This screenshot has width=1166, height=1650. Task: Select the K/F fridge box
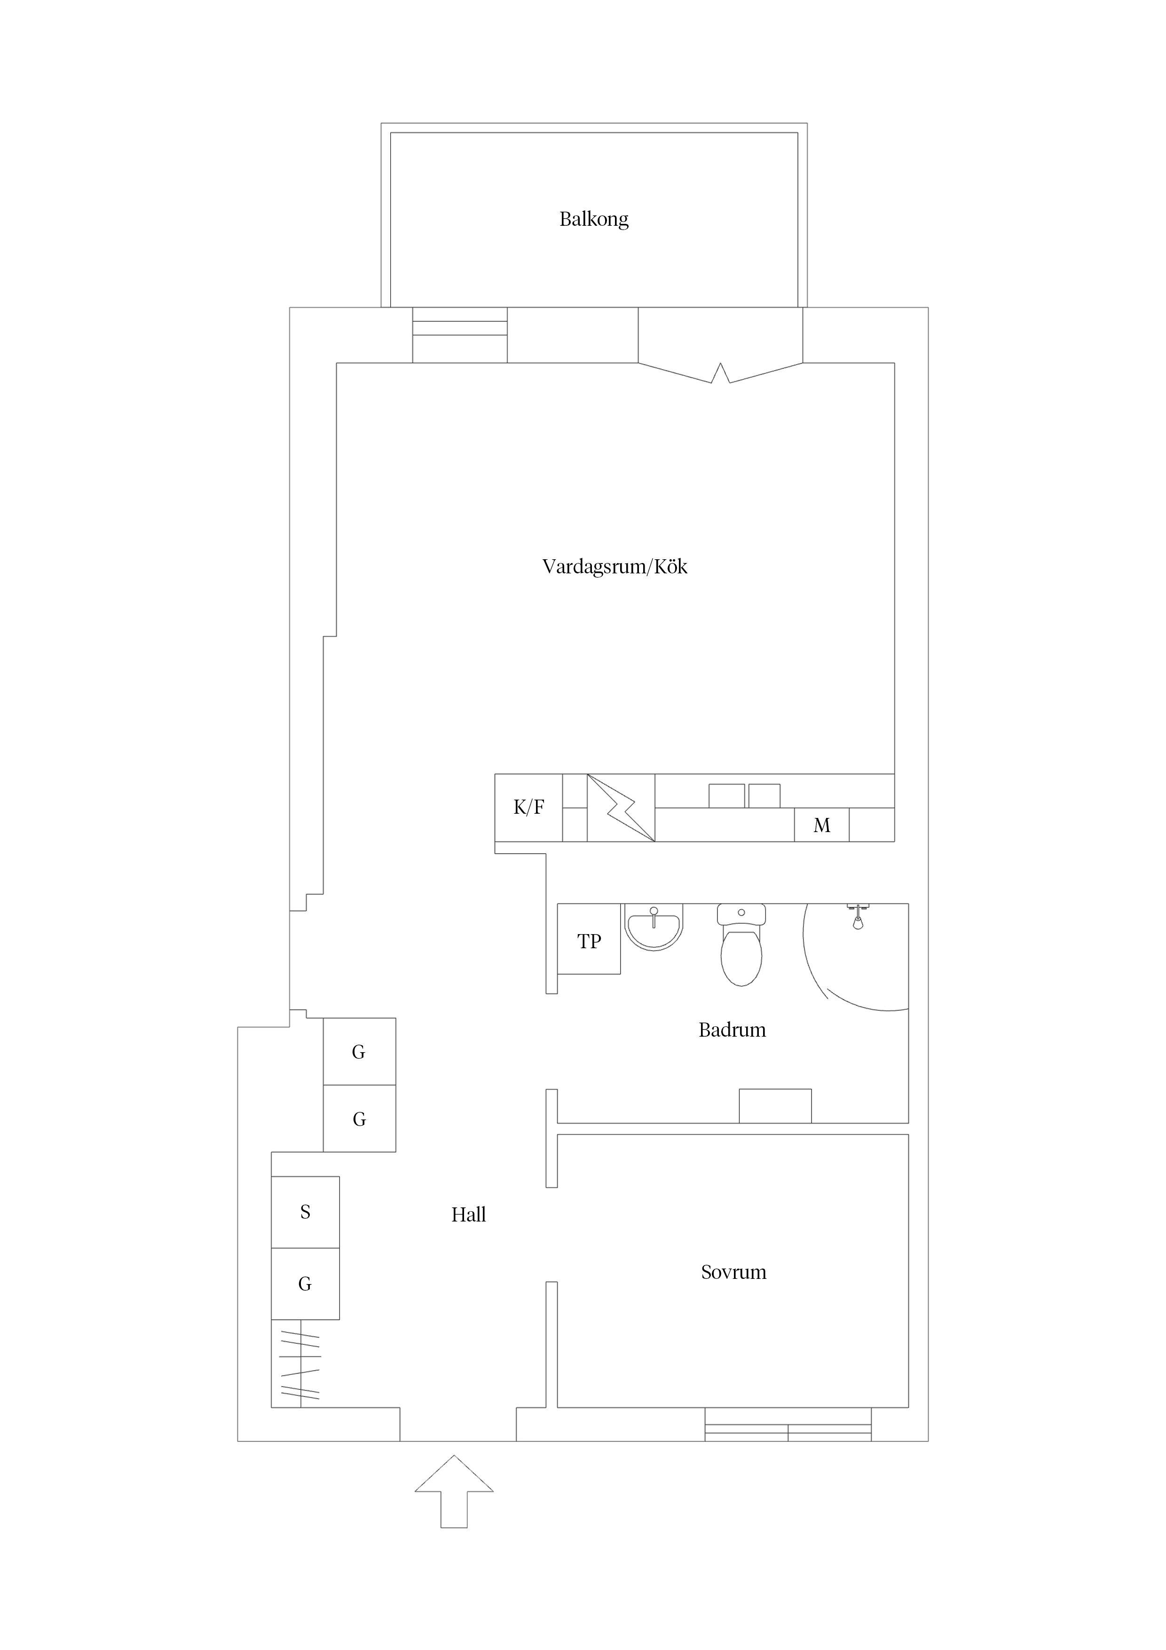(529, 807)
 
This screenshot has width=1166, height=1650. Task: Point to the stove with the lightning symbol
(621, 807)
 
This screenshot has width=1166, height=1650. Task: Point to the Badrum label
(732, 1030)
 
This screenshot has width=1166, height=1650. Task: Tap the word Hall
(468, 1214)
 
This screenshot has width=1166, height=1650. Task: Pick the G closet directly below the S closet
(305, 1284)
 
